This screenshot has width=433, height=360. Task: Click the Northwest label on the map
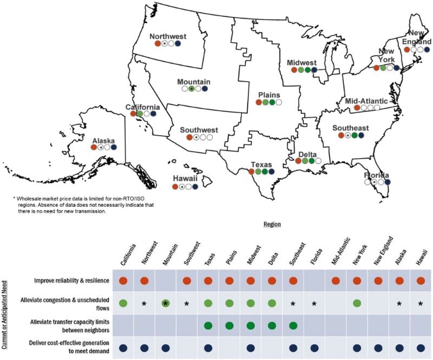(x=168, y=37)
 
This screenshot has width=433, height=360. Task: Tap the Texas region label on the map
(x=261, y=164)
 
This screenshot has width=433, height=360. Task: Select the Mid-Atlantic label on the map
(x=366, y=101)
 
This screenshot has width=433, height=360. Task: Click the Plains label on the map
(x=269, y=95)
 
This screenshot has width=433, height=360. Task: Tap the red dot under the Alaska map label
(x=94, y=147)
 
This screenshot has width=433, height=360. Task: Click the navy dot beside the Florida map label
(x=388, y=182)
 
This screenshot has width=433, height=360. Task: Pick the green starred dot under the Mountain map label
(x=192, y=88)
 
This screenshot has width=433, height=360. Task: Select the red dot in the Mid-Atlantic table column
(x=336, y=281)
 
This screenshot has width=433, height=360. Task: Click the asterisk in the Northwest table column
(x=144, y=304)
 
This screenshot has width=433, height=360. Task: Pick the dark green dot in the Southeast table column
(x=293, y=326)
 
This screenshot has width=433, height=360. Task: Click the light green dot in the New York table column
(x=357, y=304)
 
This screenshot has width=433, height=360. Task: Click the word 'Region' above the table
(x=271, y=223)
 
